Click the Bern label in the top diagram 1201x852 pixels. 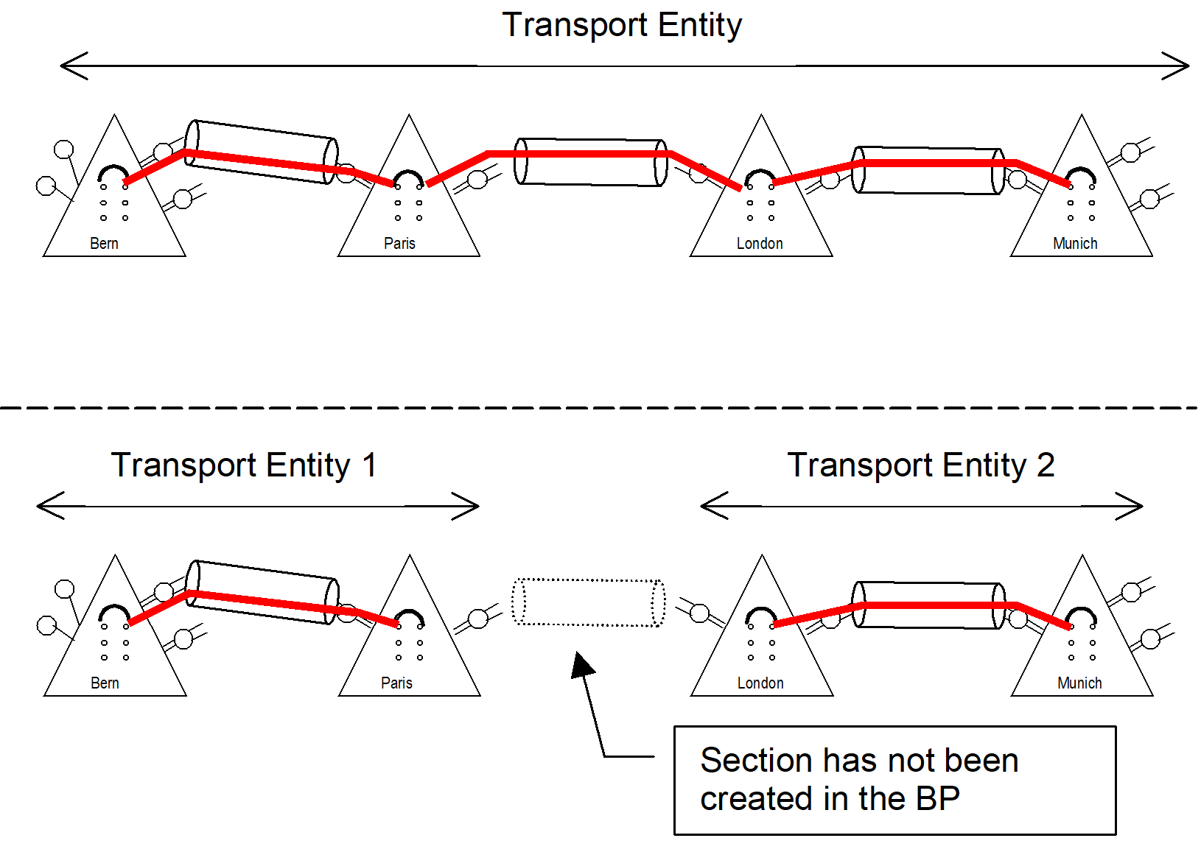click(104, 244)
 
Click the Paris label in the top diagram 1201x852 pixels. click(399, 244)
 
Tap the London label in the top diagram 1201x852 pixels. click(760, 244)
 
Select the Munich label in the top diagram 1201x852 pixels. click(1075, 244)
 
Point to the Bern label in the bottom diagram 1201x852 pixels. click(105, 683)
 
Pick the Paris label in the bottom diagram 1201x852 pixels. click(396, 683)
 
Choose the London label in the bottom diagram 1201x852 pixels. click(760, 683)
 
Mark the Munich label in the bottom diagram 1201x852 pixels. click(1079, 683)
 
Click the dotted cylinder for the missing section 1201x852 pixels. click(589, 602)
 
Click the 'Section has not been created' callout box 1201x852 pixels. click(894, 780)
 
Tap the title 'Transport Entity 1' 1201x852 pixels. click(244, 465)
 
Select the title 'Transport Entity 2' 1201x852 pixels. click(921, 465)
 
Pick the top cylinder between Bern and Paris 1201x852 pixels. click(262, 151)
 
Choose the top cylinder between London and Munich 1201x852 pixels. click(928, 171)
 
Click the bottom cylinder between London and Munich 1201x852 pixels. click(928, 605)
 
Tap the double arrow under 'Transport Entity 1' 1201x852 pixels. click(258, 506)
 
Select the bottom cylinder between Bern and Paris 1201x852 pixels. click(262, 592)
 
